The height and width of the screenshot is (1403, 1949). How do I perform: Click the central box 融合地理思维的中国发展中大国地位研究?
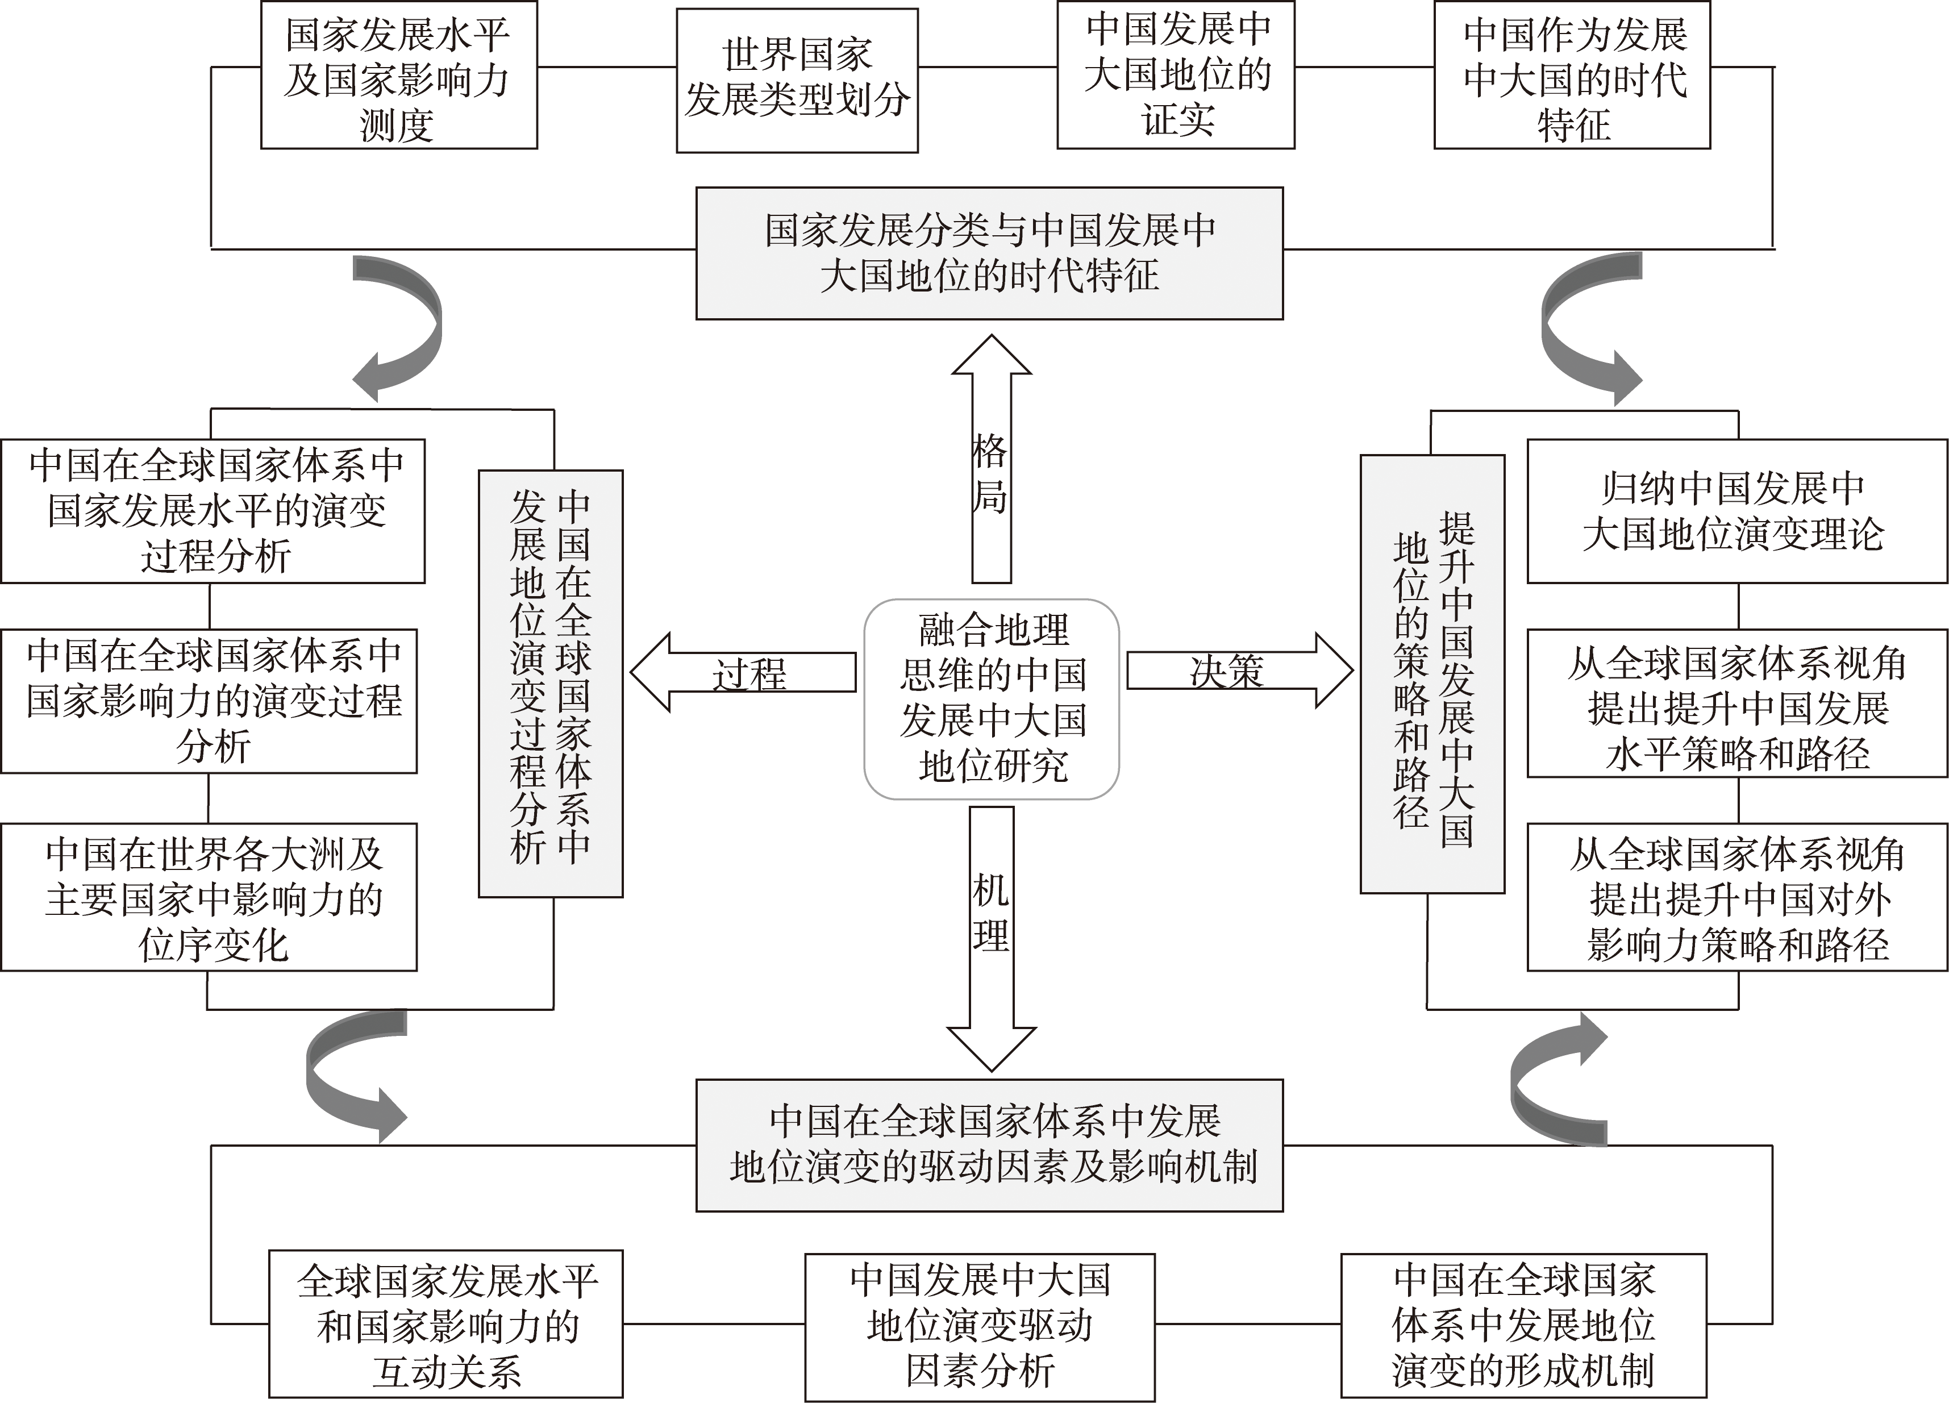pos(991,698)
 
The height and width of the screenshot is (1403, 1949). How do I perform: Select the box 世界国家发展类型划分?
pos(797,81)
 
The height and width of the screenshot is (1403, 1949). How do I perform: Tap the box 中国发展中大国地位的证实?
pos(1176,75)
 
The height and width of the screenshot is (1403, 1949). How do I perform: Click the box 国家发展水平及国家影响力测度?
pos(399,75)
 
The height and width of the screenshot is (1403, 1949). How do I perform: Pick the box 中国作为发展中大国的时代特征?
pos(1572,75)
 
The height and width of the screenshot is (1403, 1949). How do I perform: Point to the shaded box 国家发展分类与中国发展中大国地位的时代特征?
pos(989,253)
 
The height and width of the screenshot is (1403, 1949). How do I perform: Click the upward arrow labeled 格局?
pos(991,459)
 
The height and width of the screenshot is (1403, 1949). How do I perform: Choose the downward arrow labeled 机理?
pos(991,938)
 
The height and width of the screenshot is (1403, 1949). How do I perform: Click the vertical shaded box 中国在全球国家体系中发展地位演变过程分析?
pos(550,684)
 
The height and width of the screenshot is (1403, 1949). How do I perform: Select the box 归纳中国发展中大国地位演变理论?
pos(1736,511)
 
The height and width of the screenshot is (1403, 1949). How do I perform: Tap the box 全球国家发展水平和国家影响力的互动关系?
pos(446,1324)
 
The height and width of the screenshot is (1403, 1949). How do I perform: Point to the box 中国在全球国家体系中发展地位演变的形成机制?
pos(1523,1326)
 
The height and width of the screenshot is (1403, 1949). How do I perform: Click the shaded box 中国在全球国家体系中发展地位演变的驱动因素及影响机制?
pos(989,1145)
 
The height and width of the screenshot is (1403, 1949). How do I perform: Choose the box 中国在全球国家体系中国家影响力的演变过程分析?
pos(209,701)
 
